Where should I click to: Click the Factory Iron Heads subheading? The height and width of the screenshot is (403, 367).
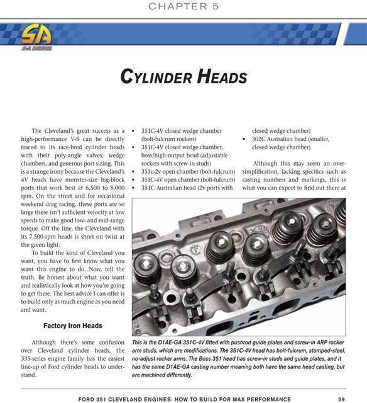[72, 326]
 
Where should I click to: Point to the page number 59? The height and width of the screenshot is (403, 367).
[341, 399]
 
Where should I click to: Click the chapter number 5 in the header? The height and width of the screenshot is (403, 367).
[215, 6]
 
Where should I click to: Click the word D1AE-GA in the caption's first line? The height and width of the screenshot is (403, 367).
[173, 342]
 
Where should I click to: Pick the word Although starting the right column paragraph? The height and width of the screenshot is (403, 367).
[266, 163]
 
